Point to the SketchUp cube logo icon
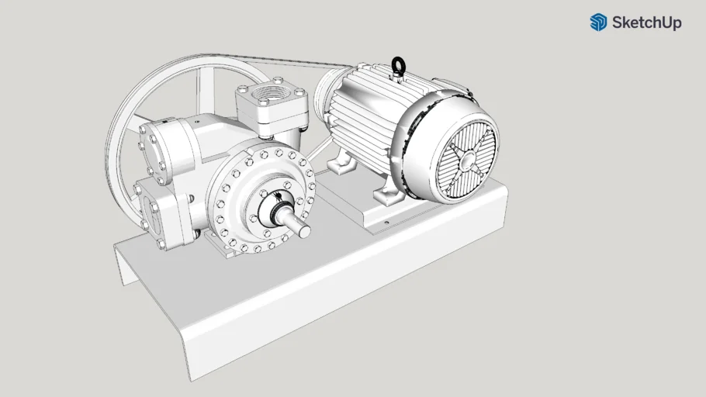tap(598, 22)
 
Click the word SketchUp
tap(646, 23)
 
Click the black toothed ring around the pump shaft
tap(275, 206)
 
